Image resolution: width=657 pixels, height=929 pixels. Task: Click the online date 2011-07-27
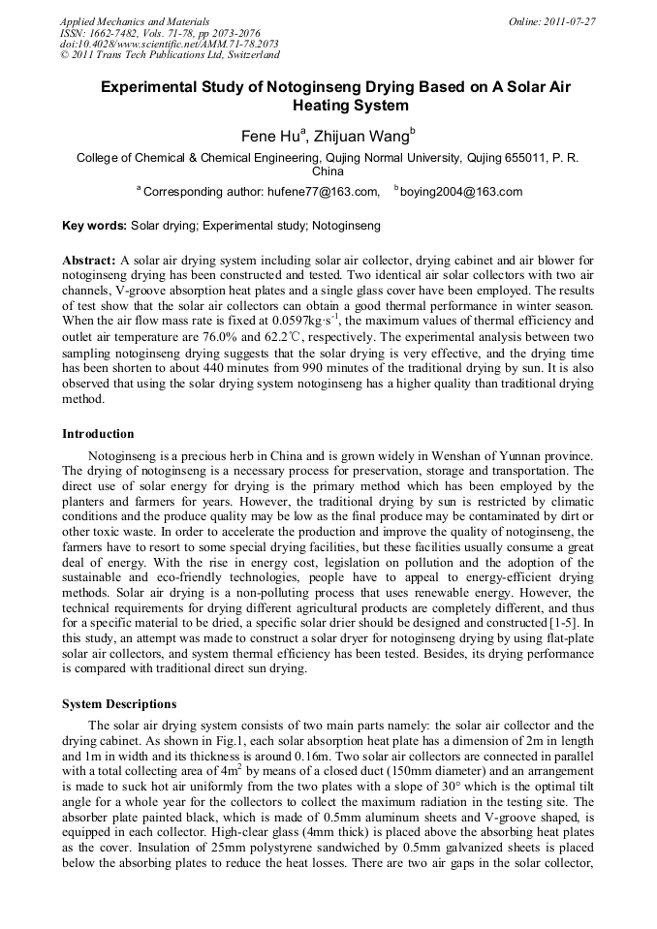click(570, 21)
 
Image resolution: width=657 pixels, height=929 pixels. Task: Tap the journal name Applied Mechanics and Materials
click(134, 21)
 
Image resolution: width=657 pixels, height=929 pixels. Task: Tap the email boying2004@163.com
click(461, 192)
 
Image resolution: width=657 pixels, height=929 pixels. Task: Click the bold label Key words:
click(94, 226)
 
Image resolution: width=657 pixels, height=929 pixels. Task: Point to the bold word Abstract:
click(89, 262)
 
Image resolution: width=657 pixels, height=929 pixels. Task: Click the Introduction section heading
click(98, 433)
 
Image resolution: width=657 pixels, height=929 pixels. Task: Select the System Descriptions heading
click(119, 703)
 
